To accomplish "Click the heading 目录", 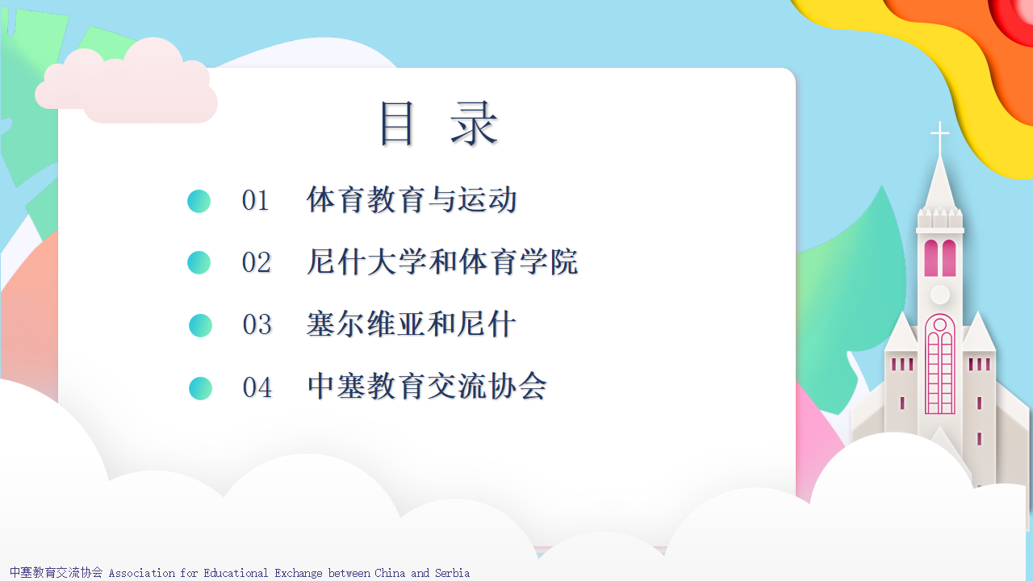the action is [439, 123].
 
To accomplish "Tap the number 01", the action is [255, 201].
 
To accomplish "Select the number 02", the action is [256, 262].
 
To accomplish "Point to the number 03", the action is [257, 324].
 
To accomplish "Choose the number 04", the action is [257, 387].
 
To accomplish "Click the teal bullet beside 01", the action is [199, 201].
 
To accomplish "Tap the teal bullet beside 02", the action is [199, 263].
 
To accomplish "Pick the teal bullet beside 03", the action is [200, 325].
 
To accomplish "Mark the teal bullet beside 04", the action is [200, 388].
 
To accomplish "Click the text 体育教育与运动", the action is [412, 199].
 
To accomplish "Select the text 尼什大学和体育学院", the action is [441, 262].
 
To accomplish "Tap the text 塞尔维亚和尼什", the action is [411, 324].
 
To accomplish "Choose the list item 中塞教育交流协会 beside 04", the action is [427, 387].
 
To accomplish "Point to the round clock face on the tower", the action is [940, 295].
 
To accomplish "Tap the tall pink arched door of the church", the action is [940, 364].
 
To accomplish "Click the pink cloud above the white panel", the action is [126, 82].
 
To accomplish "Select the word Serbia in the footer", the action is [452, 573].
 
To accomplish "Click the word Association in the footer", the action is [142, 573].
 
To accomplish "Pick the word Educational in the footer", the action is [236, 573].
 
